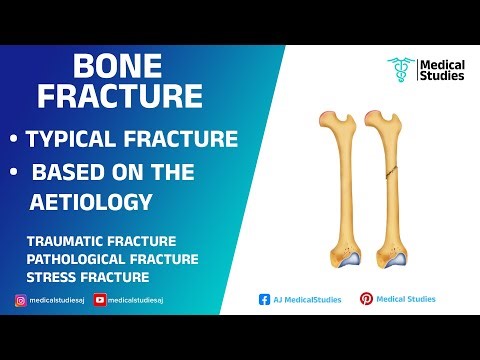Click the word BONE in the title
click(117, 69)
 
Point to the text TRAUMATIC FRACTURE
click(102, 242)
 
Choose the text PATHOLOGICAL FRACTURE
click(112, 259)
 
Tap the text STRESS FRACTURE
click(88, 276)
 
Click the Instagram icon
click(20, 299)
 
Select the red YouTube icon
click(99, 299)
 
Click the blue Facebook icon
click(264, 299)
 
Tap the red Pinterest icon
click(366, 299)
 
